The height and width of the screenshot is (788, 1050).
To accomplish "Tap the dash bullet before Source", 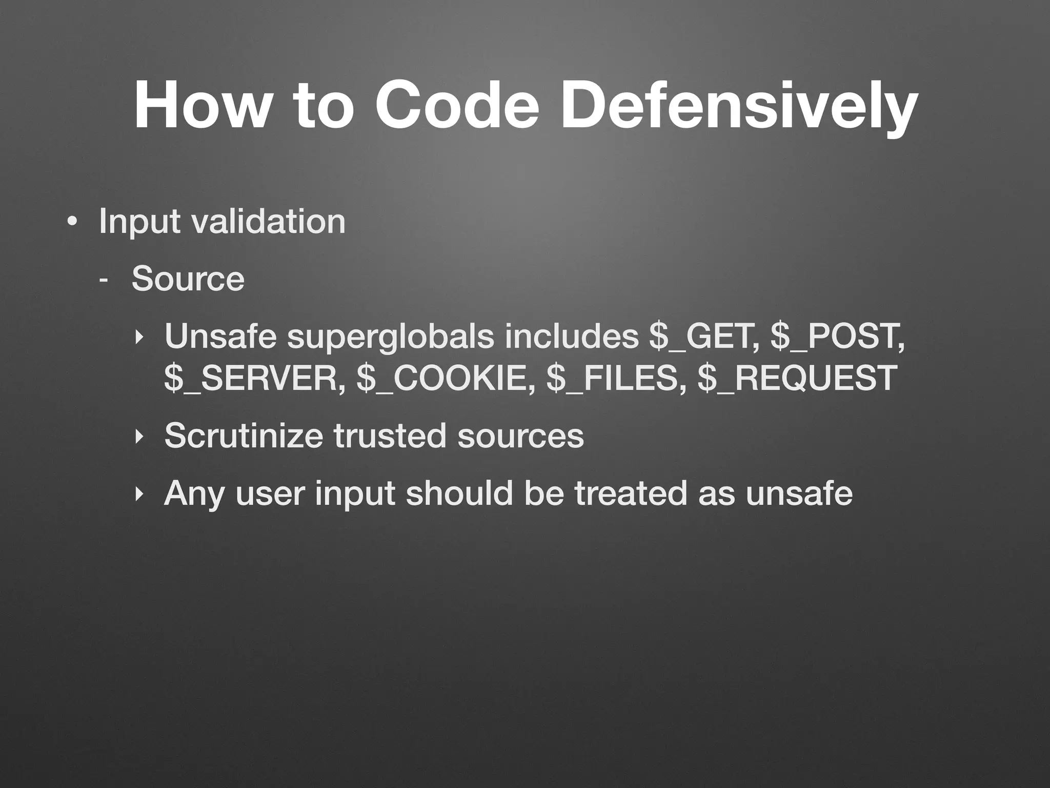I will pyautogui.click(x=104, y=280).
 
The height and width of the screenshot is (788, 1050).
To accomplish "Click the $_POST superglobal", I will pyautogui.click(x=837, y=337).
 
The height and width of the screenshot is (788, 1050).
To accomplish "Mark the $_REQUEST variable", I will pyautogui.click(x=797, y=379).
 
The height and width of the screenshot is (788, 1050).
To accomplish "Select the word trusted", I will pyautogui.click(x=390, y=436).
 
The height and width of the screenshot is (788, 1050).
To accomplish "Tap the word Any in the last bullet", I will pyautogui.click(x=194, y=494).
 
